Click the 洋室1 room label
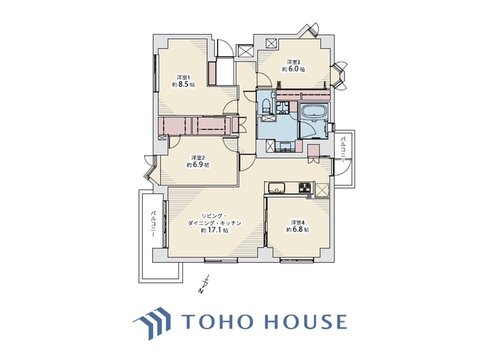pyautogui.click(x=183, y=77)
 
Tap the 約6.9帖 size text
pyautogui.click(x=198, y=165)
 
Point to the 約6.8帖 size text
pyautogui.click(x=297, y=229)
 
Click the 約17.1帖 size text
pyautogui.click(x=214, y=230)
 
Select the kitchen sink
pyautogui.click(x=276, y=187)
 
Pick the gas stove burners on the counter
pyautogui.click(x=305, y=187)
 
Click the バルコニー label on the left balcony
pyautogui.click(x=153, y=224)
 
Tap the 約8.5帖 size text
pyautogui.click(x=183, y=85)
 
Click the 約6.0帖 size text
pyautogui.click(x=293, y=69)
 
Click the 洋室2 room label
pyautogui.click(x=198, y=157)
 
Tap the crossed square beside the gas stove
pyautogui.click(x=321, y=188)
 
